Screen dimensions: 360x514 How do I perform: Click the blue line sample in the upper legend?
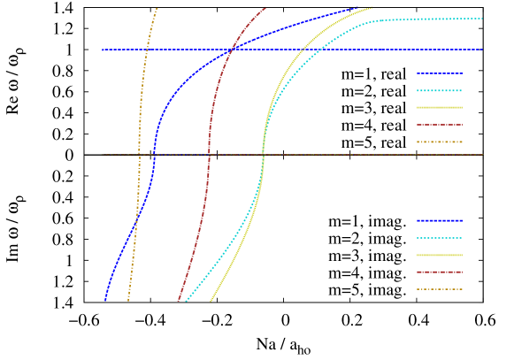pyautogui.click(x=440, y=73)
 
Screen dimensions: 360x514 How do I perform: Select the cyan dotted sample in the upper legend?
pyautogui.click(x=440, y=90)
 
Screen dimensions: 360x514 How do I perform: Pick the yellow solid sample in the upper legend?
pyautogui.click(x=440, y=107)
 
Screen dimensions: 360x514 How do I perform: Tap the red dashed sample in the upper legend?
pyautogui.click(x=440, y=125)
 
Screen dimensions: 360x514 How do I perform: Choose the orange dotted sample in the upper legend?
pyautogui.click(x=440, y=142)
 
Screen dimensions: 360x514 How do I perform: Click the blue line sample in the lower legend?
pyautogui.click(x=440, y=220)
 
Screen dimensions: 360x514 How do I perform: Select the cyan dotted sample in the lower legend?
pyautogui.click(x=440, y=238)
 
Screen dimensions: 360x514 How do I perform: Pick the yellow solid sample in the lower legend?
pyautogui.click(x=440, y=255)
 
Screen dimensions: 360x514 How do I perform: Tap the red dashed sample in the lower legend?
pyautogui.click(x=440, y=272)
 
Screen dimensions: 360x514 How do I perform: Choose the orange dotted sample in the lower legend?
pyautogui.click(x=440, y=289)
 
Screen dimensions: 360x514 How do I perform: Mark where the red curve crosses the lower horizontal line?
pyautogui.click(x=209, y=155)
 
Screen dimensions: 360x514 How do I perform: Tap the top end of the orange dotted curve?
pyautogui.click(x=157, y=8)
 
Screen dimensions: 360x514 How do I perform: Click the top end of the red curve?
pyautogui.click(x=265, y=8)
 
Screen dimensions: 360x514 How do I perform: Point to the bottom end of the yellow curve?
pyautogui.click(x=211, y=301)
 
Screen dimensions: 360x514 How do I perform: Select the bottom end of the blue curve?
pyautogui.click(x=104, y=301)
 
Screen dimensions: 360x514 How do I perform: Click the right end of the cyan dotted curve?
pyautogui.click(x=482, y=18)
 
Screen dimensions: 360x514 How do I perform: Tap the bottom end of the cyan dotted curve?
pyautogui.click(x=186, y=301)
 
